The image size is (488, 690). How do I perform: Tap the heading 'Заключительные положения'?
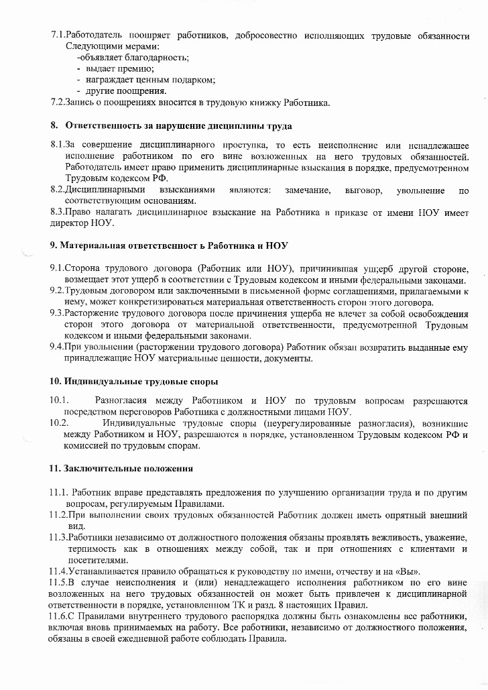tap(128, 467)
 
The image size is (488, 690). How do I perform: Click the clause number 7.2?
tap(58, 102)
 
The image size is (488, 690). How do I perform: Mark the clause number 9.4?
tap(57, 347)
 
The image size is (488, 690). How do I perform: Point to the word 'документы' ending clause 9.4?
tap(290, 358)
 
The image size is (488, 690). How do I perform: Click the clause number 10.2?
tap(59, 423)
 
